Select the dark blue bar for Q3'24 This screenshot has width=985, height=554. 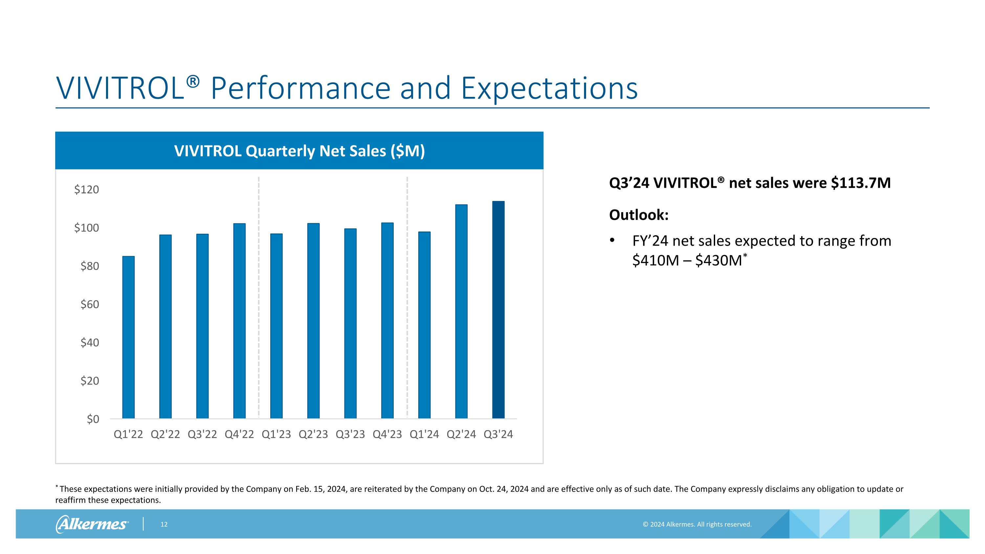498,310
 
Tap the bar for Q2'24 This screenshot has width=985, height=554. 461,311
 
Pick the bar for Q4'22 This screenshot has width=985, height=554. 239,321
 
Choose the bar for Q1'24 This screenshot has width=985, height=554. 424,325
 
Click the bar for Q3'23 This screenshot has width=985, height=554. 350,323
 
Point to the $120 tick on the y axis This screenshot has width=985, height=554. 86,189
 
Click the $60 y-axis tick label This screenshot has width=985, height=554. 90,304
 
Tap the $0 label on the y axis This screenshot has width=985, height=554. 93,419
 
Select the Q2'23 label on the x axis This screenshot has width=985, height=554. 313,434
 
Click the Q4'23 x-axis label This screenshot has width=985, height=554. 387,434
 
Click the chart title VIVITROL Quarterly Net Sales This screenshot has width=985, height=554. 299,151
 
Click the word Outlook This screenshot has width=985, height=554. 638,215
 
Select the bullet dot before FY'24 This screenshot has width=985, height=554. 612,241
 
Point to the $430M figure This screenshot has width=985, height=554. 718,260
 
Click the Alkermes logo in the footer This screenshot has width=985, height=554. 92,524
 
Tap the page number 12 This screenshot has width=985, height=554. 164,524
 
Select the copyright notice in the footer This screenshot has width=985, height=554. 697,524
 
